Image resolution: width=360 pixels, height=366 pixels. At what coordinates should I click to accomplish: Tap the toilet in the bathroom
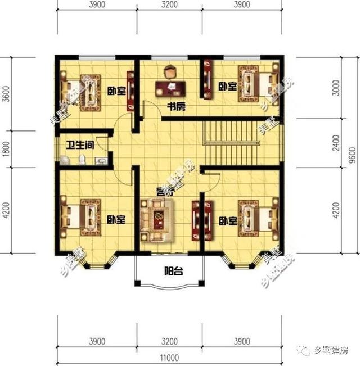83,160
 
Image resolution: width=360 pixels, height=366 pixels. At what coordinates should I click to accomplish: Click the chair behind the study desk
169,71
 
